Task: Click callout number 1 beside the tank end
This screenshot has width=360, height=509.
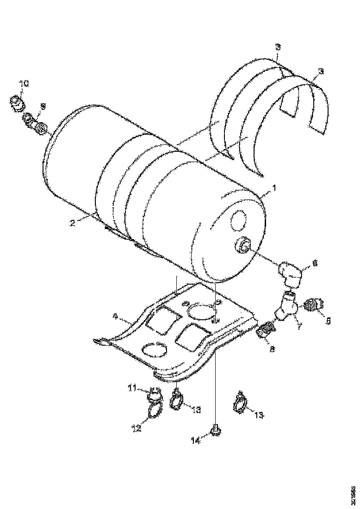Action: (x=273, y=188)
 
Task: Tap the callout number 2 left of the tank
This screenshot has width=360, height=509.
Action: (x=73, y=223)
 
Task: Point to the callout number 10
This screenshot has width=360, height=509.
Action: (x=24, y=84)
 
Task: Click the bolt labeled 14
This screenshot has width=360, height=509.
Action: (x=214, y=431)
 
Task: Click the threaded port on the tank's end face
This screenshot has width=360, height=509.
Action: (x=242, y=245)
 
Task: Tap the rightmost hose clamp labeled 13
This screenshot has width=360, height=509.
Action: (x=240, y=405)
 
